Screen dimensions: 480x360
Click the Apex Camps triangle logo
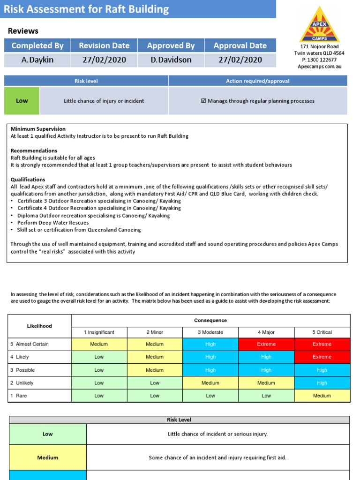coord(319,25)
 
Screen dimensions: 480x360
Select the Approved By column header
coord(171,45)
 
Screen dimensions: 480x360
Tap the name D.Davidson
coord(171,60)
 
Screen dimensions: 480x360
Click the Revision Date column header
coord(104,45)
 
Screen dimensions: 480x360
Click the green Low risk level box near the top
coord(22,101)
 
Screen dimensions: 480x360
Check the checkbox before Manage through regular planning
coord(203,101)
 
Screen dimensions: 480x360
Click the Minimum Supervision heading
coord(38,129)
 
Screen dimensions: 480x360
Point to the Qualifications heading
coord(28,180)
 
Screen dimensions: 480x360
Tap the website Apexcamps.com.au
coord(319,67)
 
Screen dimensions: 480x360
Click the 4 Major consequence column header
coord(266,332)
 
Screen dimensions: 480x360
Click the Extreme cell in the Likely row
coord(322,357)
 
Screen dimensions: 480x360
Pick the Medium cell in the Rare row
coord(322,396)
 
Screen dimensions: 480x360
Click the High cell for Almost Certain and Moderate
coord(210,344)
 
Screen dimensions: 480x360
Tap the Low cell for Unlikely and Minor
coord(155,382)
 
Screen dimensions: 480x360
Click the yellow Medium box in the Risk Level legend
coord(47,457)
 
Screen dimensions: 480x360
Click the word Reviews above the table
coord(23,31)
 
